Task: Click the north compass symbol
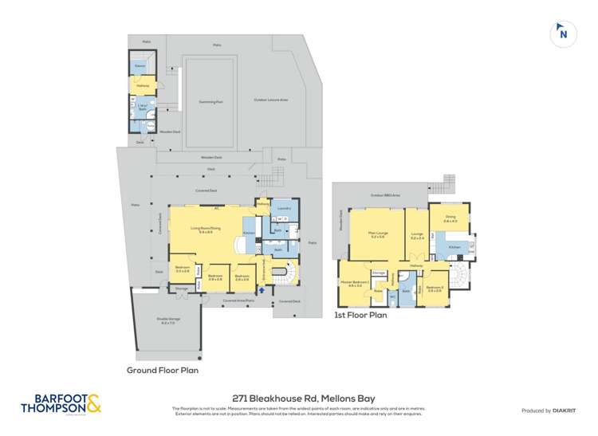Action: [x=563, y=33]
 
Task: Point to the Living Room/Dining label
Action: [x=205, y=230]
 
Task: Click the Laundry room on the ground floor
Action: [x=284, y=209]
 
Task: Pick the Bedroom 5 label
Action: [x=434, y=289]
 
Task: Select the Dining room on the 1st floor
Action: [x=450, y=218]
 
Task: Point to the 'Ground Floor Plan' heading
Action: [x=162, y=370]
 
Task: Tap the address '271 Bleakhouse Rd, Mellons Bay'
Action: [x=298, y=398]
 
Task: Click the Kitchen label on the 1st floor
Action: [x=454, y=248]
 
